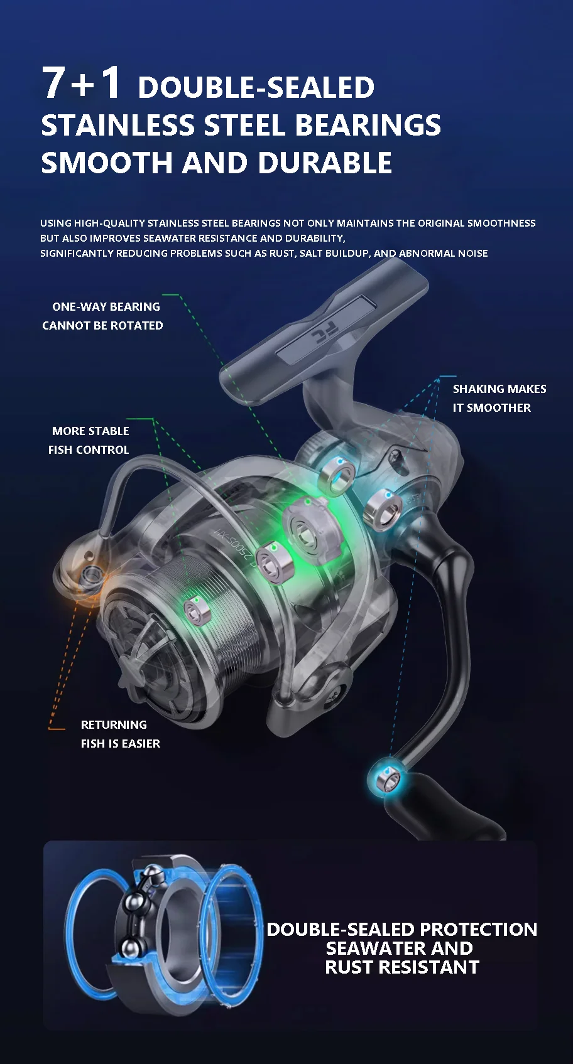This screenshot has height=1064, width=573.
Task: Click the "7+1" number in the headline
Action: click(81, 83)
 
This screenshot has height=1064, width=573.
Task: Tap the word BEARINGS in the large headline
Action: click(368, 125)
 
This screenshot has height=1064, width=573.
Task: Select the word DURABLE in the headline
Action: click(324, 163)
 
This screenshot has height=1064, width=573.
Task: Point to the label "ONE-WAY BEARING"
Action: click(106, 307)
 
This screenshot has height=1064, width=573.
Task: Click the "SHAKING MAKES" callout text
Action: click(499, 389)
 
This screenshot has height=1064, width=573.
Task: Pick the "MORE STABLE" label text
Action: click(90, 431)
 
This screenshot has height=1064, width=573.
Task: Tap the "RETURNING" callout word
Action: click(114, 724)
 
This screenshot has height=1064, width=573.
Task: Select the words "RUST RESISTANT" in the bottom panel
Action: click(402, 967)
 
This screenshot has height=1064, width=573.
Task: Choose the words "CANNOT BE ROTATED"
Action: click(102, 326)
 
